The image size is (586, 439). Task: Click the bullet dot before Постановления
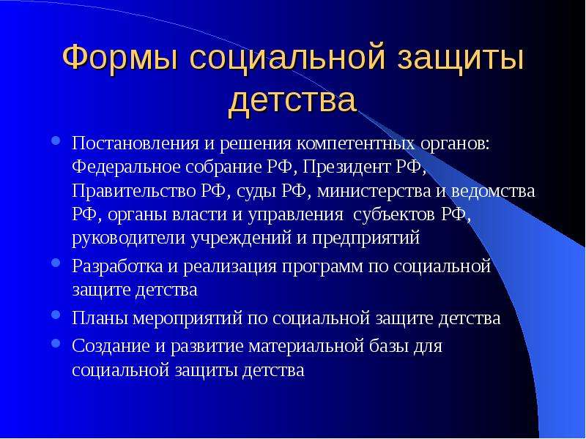tap(56, 140)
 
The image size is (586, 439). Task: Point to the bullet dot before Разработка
tap(56, 263)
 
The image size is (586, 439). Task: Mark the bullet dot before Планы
tap(56, 315)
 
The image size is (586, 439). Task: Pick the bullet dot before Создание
tap(56, 342)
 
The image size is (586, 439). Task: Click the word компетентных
tap(355, 143)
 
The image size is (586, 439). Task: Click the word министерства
tap(374, 191)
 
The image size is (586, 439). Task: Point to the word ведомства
tap(493, 191)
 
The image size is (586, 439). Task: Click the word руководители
tap(128, 239)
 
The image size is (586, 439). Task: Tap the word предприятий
tap(366, 239)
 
